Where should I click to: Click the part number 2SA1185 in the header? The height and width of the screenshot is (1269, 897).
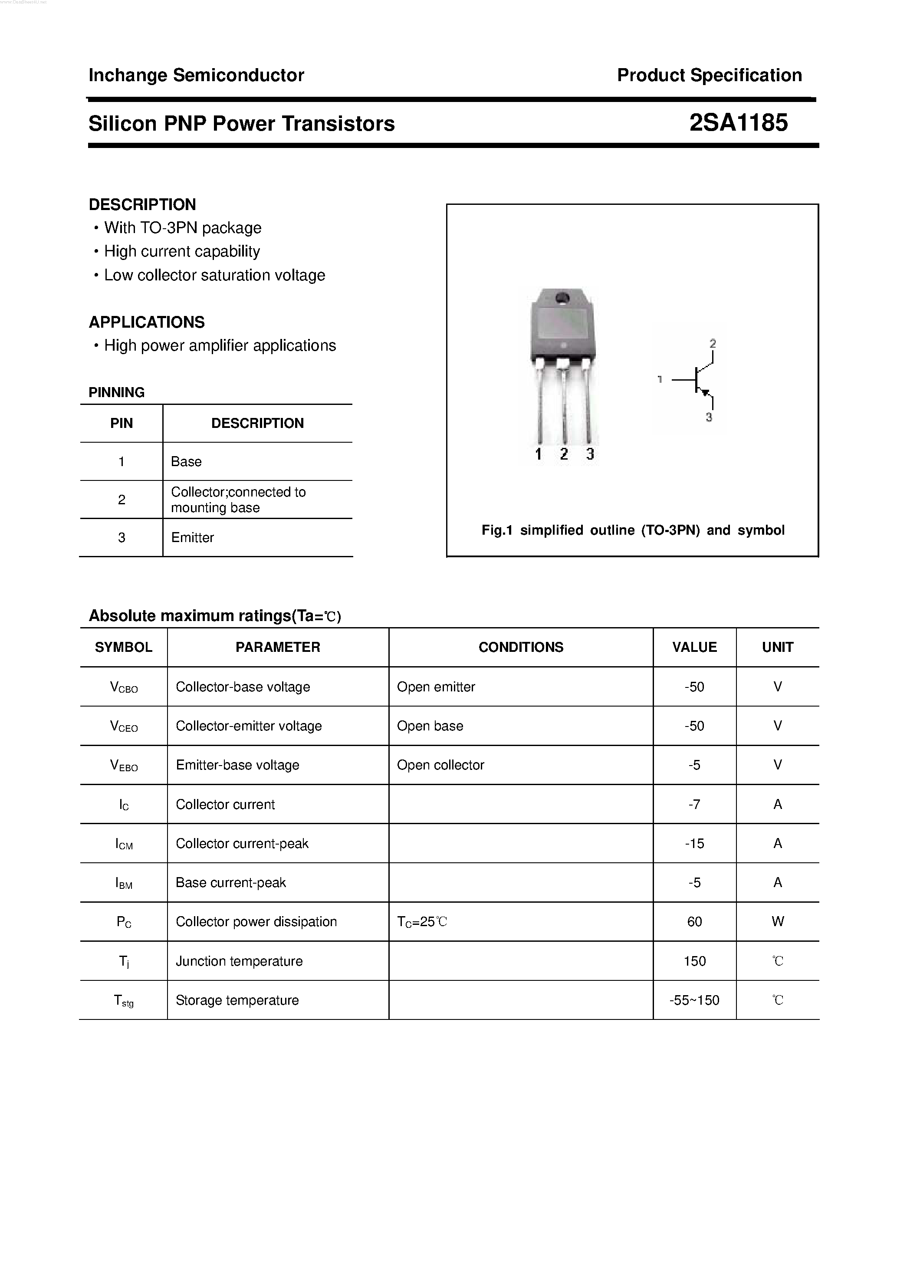[x=738, y=123]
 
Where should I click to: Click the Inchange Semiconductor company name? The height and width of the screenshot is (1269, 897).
[x=196, y=75]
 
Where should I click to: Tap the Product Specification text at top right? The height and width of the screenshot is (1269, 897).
[x=709, y=75]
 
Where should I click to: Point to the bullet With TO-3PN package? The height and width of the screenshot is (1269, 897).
[x=182, y=228]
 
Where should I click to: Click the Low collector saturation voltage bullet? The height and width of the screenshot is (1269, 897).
[x=214, y=275]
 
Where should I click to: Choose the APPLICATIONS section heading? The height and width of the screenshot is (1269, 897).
[x=146, y=322]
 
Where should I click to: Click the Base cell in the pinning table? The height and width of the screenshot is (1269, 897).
[x=186, y=461]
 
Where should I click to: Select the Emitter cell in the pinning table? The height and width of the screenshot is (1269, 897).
[x=192, y=537]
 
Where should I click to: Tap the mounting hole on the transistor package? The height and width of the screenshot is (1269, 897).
[x=562, y=299]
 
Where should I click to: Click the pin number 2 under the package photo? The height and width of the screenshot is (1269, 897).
[x=564, y=454]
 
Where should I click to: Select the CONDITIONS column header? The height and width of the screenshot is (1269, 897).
[x=521, y=647]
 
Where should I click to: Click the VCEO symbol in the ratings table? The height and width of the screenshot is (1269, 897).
[x=124, y=726]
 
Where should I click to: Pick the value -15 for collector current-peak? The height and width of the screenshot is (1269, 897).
[x=694, y=843]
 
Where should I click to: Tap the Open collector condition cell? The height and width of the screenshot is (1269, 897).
[x=440, y=765]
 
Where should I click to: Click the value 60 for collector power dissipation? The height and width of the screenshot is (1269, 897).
[x=694, y=921]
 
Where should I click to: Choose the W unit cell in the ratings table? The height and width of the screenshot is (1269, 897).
[x=777, y=921]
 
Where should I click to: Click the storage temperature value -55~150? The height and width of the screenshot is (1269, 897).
[x=694, y=1000]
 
